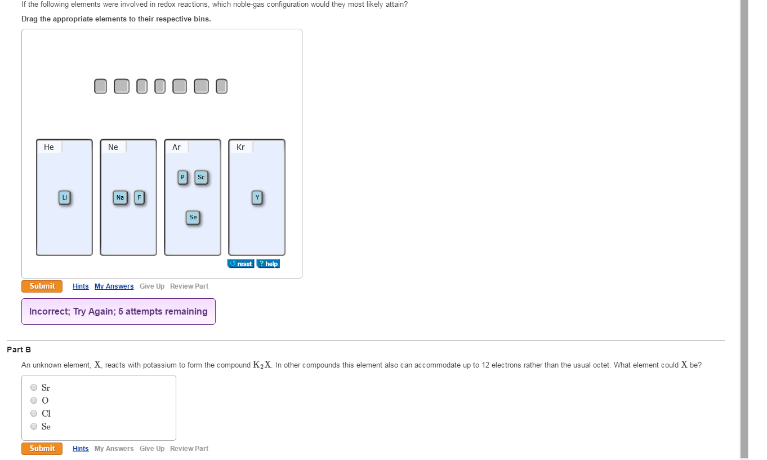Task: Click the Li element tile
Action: point(65,197)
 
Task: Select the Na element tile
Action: point(120,197)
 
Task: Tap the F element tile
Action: point(139,197)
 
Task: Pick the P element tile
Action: point(182,178)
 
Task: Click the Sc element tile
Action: point(201,178)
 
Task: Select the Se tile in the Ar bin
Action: point(193,217)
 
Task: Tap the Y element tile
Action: point(257,197)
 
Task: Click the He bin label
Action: point(49,147)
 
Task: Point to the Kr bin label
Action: point(241,147)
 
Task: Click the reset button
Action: point(241,264)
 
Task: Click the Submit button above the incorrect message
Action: point(42,286)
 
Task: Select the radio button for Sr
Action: point(34,387)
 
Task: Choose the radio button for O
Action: point(34,400)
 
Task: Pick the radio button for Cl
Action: point(34,413)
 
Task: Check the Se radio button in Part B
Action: point(34,426)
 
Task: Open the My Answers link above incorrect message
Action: point(114,286)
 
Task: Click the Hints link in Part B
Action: point(81,449)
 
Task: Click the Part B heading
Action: point(19,350)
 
